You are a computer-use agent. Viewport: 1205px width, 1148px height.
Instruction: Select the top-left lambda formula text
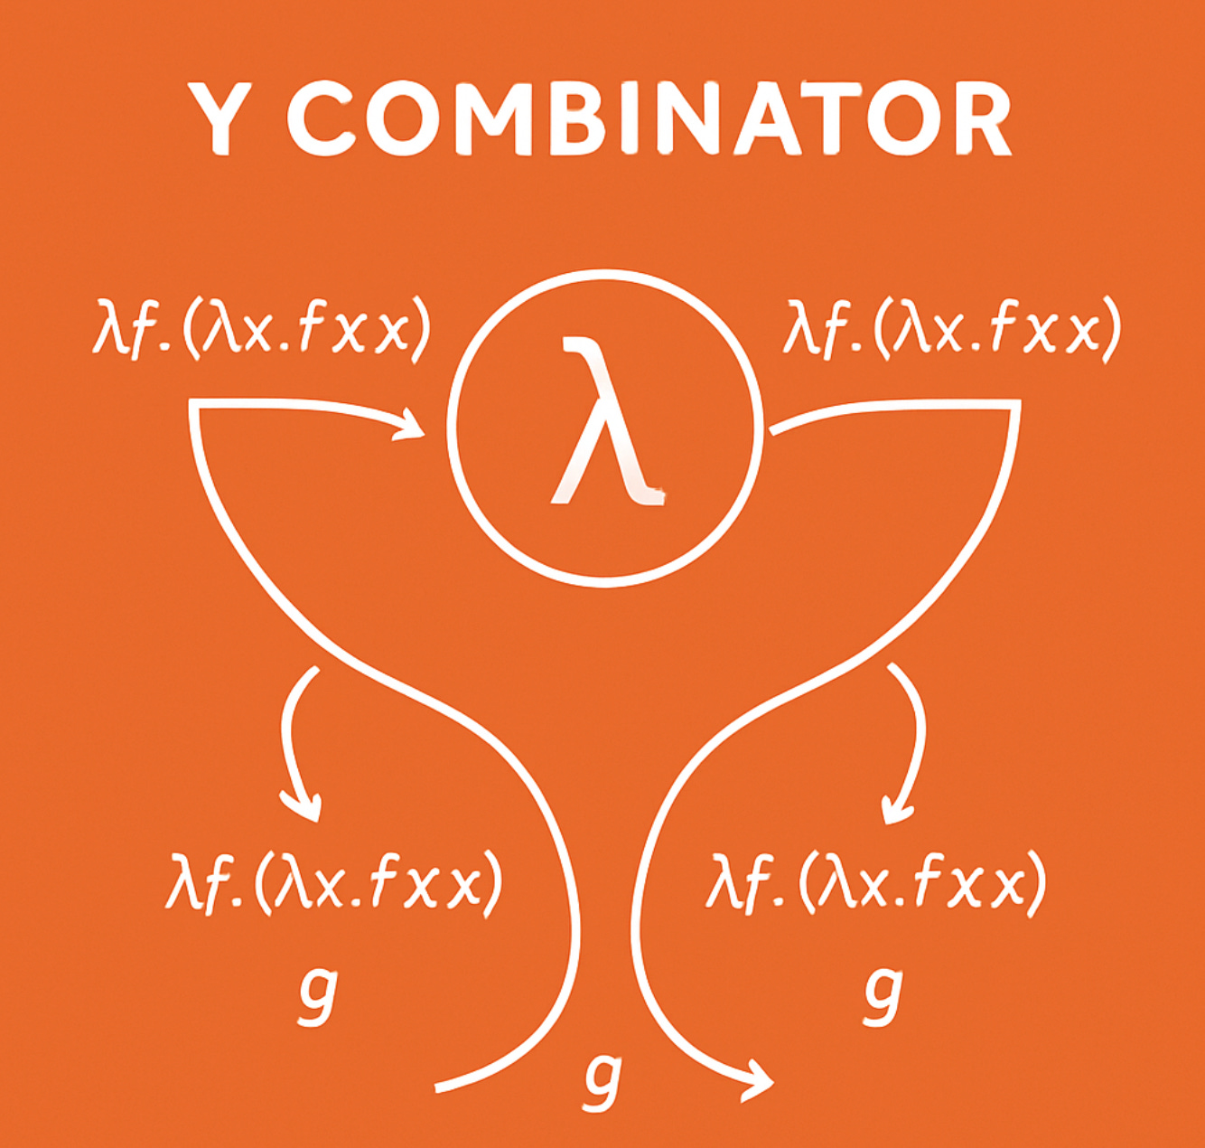[x=260, y=329]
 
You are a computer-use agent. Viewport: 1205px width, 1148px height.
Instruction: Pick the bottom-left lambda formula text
[x=333, y=880]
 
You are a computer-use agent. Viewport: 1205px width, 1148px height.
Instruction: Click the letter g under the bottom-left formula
[x=317, y=993]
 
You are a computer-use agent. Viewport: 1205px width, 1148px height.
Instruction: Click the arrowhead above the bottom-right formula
[x=897, y=807]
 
